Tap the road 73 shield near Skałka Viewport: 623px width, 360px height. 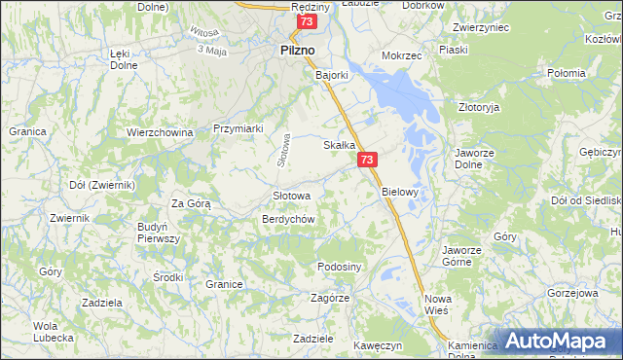pos(366,161)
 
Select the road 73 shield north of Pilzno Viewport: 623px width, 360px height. pos(308,21)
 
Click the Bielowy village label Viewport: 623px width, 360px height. pos(399,192)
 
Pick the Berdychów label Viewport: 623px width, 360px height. pos(287,219)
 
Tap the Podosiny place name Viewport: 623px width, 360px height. pos(340,267)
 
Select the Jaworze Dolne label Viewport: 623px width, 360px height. pos(477,160)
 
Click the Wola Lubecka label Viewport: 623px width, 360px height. pos(53,332)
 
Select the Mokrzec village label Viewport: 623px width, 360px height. pos(401,55)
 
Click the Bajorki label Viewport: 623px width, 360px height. pos(331,73)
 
